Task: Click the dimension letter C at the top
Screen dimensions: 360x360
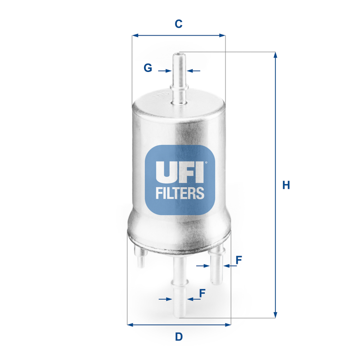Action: [x=179, y=24]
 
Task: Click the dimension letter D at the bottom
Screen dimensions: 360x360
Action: [x=179, y=336]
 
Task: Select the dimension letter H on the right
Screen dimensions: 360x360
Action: [x=286, y=185]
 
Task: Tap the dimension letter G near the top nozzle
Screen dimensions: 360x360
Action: [x=148, y=68]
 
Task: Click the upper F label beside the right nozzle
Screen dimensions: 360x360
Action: [x=239, y=260]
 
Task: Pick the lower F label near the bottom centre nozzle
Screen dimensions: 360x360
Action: [x=202, y=293]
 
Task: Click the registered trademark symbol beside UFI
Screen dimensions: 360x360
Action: [x=206, y=163]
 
